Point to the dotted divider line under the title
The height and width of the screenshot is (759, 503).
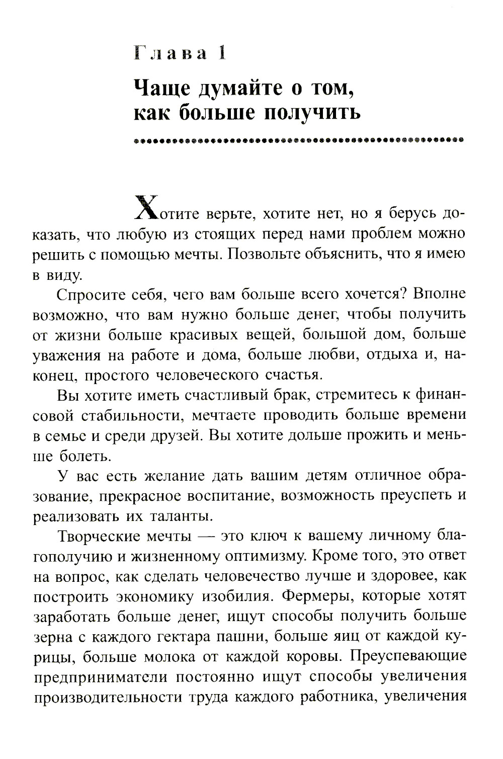pyautogui.click(x=299, y=140)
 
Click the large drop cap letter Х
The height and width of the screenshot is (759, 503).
pyautogui.click(x=147, y=207)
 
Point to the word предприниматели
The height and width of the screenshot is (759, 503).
pyautogui.click(x=99, y=677)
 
